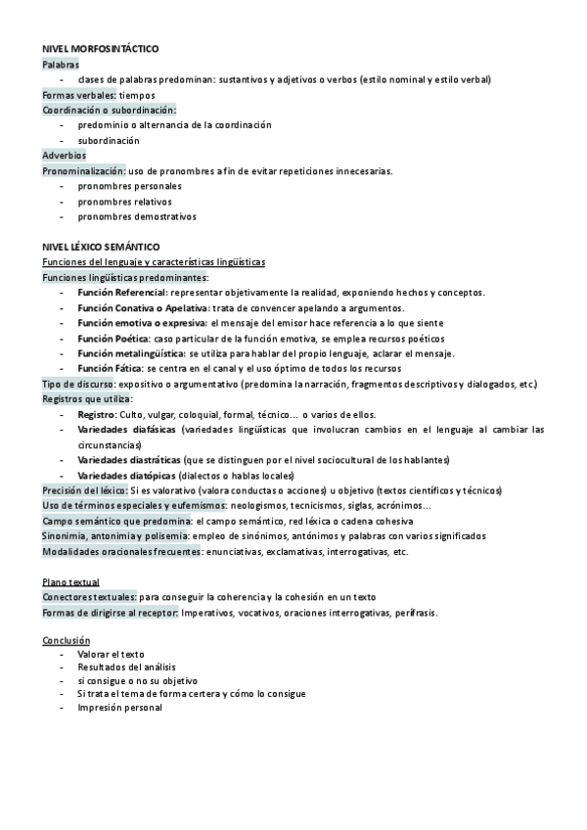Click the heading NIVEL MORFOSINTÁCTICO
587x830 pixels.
point(101,48)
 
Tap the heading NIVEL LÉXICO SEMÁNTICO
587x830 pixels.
point(101,248)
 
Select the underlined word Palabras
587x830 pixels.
point(61,64)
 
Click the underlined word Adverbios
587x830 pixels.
point(64,156)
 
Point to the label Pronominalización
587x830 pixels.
point(84,171)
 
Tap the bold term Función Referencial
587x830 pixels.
point(122,293)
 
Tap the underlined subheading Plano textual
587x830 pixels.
point(70,582)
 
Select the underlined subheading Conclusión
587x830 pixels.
point(66,640)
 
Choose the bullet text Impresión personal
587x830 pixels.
point(119,708)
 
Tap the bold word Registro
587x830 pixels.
point(97,415)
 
